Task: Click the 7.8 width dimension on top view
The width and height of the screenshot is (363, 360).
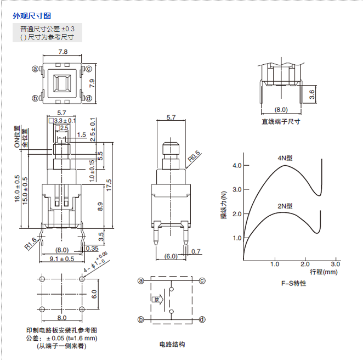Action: point(63,52)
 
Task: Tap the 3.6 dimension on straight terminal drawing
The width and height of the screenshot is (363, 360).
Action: point(312,94)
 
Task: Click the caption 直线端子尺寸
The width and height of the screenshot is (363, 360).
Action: point(281,121)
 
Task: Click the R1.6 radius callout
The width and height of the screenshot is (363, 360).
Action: point(31,243)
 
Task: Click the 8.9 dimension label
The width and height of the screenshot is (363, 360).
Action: point(99,206)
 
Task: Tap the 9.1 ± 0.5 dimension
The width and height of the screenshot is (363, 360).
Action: point(62,259)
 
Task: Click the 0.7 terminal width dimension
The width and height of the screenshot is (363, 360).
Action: point(197,251)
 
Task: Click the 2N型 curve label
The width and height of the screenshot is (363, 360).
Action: point(285,206)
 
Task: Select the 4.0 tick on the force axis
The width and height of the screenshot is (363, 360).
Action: point(237,165)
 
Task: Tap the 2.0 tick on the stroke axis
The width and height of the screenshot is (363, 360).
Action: point(305,264)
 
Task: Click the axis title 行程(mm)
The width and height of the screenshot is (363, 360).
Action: point(324,272)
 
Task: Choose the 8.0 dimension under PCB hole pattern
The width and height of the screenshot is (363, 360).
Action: point(62,317)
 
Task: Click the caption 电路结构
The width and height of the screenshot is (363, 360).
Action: point(172,344)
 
